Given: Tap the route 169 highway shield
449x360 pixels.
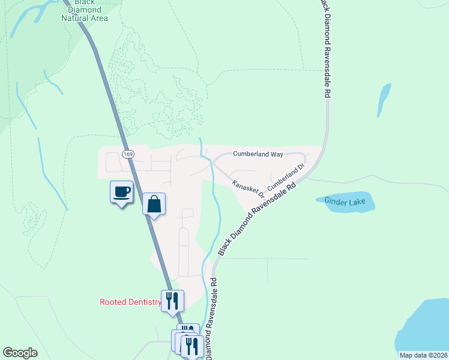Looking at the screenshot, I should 127,154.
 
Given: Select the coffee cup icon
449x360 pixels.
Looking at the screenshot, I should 121,192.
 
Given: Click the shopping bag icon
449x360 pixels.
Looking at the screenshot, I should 154,204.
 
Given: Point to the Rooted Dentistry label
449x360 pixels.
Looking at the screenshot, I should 130,302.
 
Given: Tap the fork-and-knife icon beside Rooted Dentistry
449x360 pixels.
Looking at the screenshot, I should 172,301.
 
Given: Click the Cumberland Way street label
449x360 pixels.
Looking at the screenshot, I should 258,154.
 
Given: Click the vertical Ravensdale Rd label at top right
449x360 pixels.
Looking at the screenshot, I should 324,48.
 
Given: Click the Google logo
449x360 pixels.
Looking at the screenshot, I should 20,353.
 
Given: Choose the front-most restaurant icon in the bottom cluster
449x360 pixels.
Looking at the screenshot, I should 190,346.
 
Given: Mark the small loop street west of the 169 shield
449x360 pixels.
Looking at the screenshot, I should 112,161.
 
